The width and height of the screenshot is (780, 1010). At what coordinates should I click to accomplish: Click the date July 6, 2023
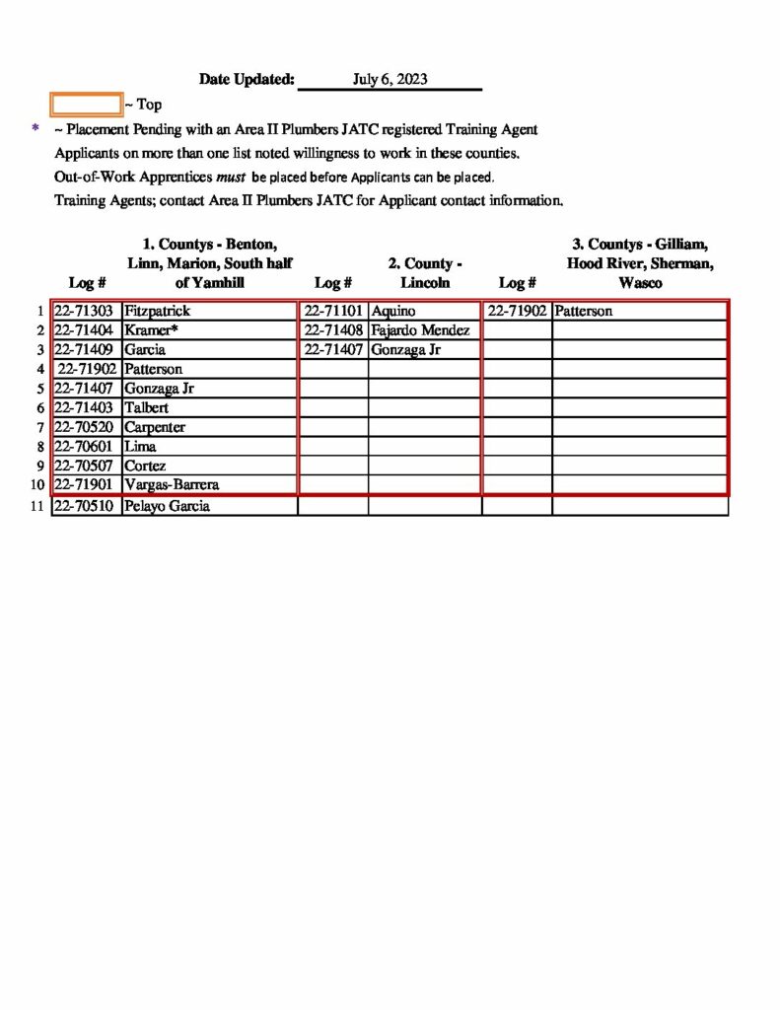390,80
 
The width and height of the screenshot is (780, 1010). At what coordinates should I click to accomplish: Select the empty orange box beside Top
86,104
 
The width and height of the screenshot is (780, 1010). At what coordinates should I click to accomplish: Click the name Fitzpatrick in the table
157,312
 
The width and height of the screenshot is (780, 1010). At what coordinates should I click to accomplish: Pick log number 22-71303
86,312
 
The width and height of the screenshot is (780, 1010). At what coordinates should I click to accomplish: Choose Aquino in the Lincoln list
393,312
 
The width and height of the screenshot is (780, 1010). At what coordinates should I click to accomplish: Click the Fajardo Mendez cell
420,330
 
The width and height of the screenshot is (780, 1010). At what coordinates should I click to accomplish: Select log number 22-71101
334,312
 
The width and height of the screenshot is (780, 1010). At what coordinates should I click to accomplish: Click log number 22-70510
86,507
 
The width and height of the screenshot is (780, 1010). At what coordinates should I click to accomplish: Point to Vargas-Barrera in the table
172,485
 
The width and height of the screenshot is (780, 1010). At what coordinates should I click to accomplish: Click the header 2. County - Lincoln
425,273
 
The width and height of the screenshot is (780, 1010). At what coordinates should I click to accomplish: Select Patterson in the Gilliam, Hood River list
583,312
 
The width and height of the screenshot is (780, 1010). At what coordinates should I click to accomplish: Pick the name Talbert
146,407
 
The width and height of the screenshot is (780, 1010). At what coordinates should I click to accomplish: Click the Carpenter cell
154,427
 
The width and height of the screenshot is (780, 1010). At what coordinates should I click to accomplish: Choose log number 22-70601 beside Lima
86,447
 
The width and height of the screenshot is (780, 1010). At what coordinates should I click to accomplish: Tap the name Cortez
145,466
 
